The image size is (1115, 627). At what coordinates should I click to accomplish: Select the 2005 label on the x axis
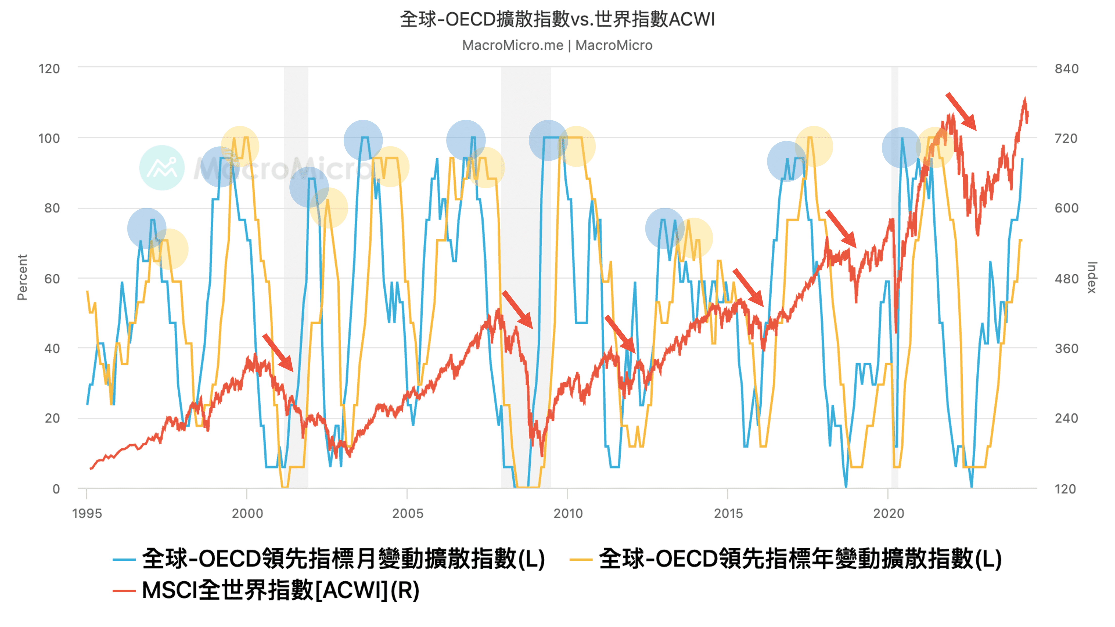407,513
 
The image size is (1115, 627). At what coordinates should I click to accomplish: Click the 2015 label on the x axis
728,513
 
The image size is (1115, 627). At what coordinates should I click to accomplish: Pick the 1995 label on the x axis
87,513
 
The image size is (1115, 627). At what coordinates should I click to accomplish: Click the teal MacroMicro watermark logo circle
162,168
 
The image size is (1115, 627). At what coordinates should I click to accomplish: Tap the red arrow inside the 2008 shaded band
517,309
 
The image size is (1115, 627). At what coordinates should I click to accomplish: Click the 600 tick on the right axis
1066,208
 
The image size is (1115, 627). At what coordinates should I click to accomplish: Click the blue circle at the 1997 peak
147,228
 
